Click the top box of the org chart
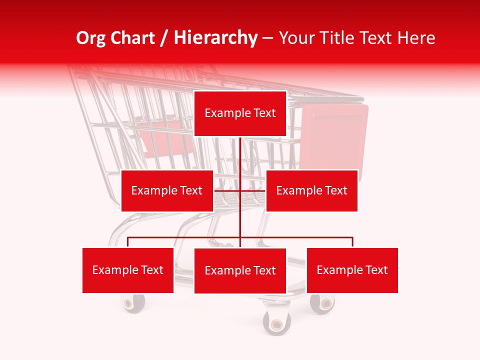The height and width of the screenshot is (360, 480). (240, 113)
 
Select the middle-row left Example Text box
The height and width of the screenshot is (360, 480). (167, 190)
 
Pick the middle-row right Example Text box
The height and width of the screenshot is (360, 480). (311, 190)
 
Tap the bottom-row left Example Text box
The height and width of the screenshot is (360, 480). (128, 270)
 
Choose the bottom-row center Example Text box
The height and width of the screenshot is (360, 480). (240, 271)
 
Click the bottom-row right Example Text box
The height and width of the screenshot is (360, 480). (352, 270)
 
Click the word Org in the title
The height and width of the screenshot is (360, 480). (90, 38)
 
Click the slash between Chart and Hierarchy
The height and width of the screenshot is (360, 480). (165, 38)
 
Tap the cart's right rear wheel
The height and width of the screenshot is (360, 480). (322, 303)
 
